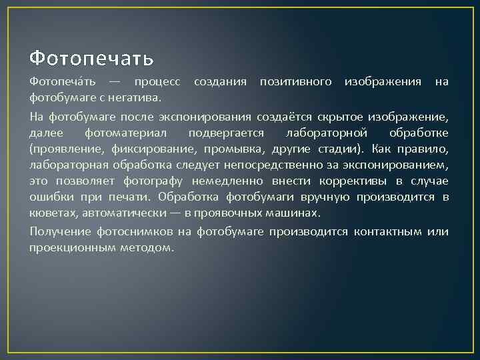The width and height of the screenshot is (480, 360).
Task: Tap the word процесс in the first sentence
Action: (157, 81)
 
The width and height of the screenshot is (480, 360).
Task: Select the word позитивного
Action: (295, 81)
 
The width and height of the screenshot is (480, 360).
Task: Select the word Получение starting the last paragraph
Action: (57, 231)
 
